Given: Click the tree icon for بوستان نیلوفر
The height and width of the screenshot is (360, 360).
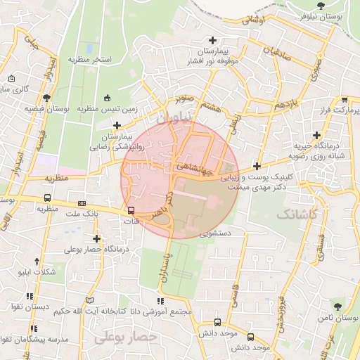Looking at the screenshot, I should pyautogui.click(x=321, y=6).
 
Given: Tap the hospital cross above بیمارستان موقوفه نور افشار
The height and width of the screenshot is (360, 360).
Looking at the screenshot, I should pyautogui.click(x=212, y=40).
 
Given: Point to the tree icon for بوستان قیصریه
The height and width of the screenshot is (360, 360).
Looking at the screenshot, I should pyautogui.click(x=46, y=98).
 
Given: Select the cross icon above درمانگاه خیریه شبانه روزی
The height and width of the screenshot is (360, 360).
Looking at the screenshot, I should pyautogui.click(x=317, y=135).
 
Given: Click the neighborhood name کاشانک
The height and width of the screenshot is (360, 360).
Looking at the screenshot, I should pyautogui.click(x=297, y=213).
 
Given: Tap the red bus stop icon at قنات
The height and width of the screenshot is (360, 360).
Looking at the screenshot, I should pyautogui.click(x=131, y=210).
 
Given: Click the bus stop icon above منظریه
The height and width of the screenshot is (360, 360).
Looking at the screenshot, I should pyautogui.click(x=47, y=198).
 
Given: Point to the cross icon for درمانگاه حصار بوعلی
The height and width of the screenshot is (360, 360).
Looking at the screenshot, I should pyautogui.click(x=96, y=238).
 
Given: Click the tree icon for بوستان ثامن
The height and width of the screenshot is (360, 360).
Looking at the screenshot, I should pyautogui.click(x=337, y=306).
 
